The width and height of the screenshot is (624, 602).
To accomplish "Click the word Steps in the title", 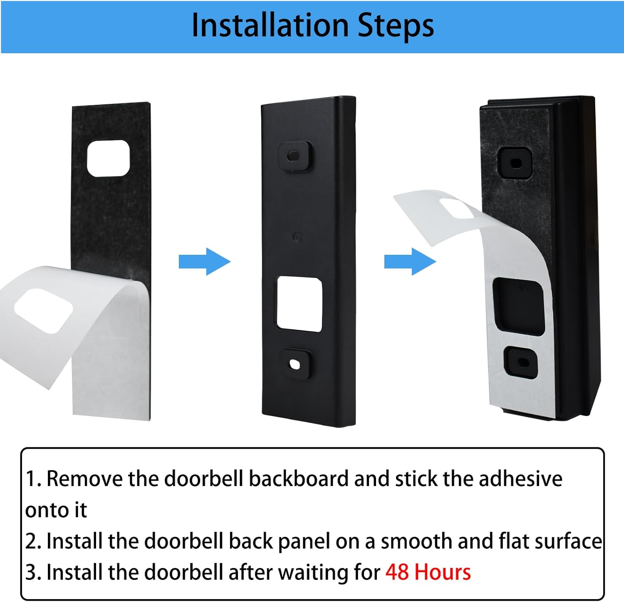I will (x=396, y=26).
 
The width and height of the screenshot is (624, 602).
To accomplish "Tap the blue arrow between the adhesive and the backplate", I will (x=204, y=262).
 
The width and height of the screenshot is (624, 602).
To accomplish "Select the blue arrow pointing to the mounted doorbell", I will (x=410, y=262).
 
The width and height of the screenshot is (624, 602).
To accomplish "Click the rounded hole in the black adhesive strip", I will (x=109, y=158).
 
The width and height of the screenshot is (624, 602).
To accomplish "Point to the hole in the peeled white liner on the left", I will (x=44, y=311).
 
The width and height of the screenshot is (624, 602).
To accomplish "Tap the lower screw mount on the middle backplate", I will (x=295, y=364).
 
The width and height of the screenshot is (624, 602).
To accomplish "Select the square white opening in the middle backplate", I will (x=300, y=304).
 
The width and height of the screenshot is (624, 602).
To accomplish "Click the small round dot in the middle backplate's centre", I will (x=297, y=237).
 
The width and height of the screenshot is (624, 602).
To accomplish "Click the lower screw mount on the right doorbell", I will (x=521, y=362).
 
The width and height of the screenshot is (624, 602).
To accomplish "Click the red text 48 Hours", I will (x=428, y=572).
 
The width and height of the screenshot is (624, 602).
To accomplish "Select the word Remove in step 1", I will (x=84, y=479).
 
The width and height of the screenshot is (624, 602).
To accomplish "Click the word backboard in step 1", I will (x=298, y=479).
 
